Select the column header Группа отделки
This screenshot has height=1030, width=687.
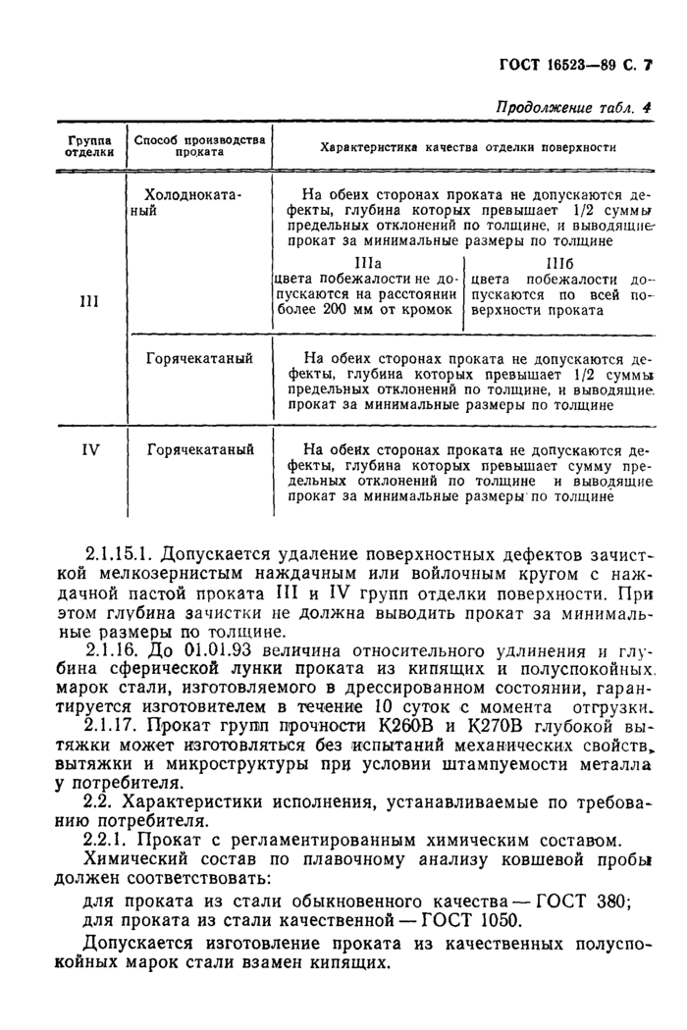click(89, 146)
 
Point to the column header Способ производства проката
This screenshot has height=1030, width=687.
click(199, 146)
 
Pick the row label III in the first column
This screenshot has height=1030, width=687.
click(89, 301)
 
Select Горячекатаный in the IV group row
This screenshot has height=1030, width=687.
click(200, 450)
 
